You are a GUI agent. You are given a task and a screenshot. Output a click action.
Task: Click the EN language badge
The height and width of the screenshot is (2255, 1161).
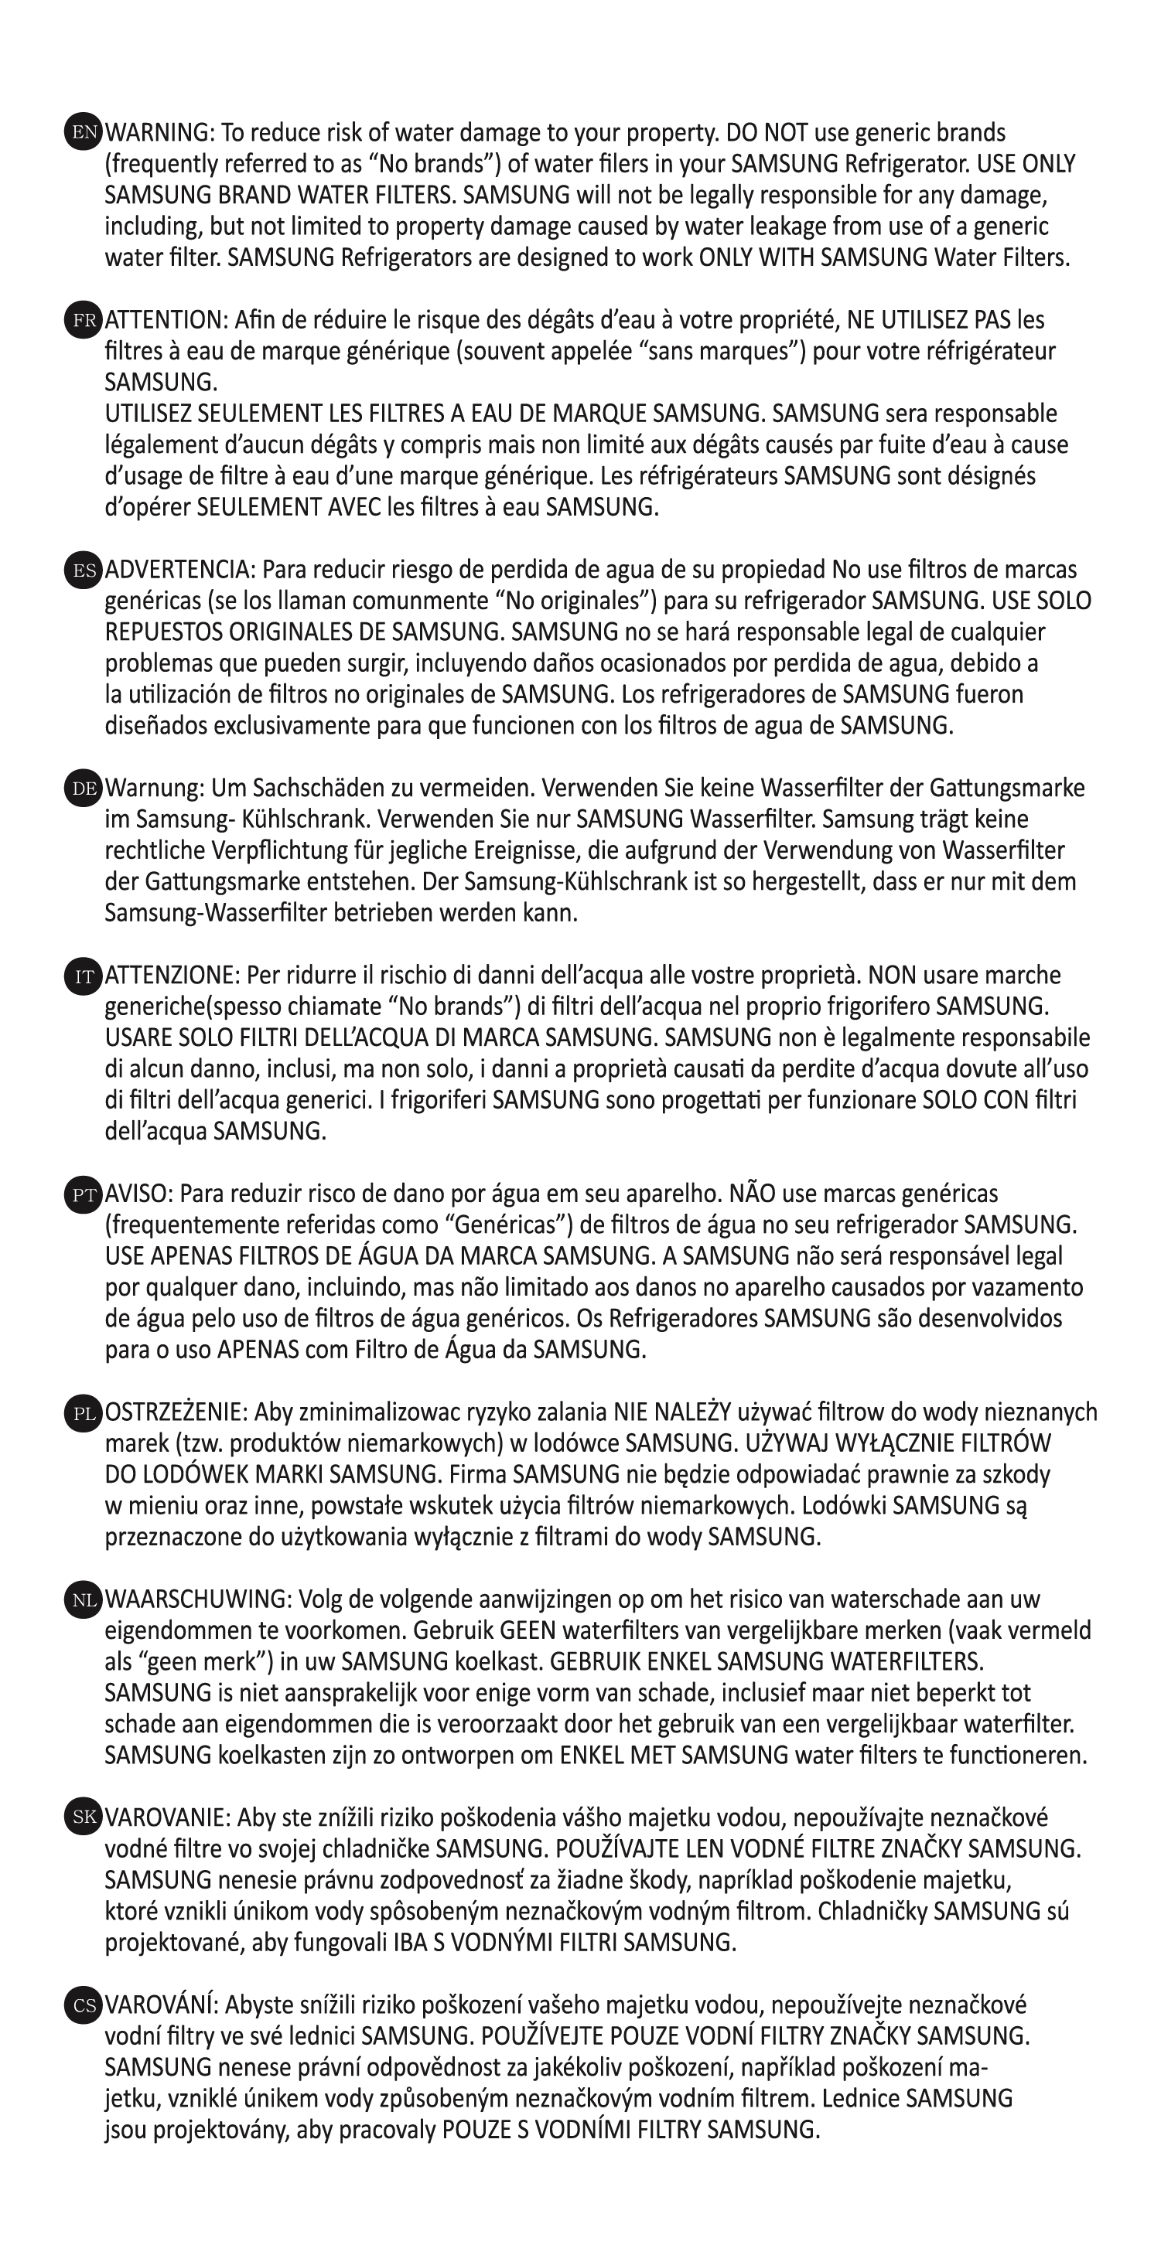pyautogui.click(x=84, y=132)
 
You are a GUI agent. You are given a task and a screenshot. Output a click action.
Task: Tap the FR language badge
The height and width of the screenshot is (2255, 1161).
pyautogui.click(x=84, y=319)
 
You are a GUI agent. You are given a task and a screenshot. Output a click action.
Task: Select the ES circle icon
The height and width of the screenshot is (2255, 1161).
pyautogui.click(x=84, y=570)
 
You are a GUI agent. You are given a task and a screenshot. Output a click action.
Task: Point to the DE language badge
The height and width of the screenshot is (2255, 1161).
pyautogui.click(x=84, y=788)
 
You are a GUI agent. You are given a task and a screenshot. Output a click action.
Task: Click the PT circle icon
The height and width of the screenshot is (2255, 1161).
pyautogui.click(x=84, y=1194)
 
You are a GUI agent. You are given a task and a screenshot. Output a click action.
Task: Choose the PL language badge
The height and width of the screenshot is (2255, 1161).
pyautogui.click(x=84, y=1412)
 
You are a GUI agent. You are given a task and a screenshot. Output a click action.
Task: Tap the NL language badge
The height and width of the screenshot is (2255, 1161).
pyautogui.click(x=84, y=1599)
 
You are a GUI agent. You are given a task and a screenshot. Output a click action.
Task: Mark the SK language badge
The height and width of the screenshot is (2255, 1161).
pyautogui.click(x=84, y=1817)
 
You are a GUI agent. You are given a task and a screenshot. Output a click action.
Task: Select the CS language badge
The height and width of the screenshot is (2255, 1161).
pyautogui.click(x=84, y=2005)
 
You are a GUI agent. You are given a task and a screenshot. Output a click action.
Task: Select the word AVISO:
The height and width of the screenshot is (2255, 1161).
pyautogui.click(x=139, y=1194)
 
